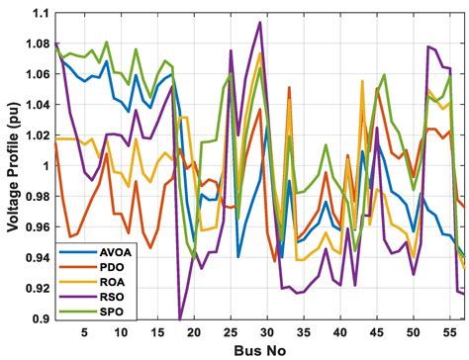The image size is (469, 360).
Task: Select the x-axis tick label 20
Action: point(194,331)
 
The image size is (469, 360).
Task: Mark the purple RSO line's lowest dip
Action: point(180,318)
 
